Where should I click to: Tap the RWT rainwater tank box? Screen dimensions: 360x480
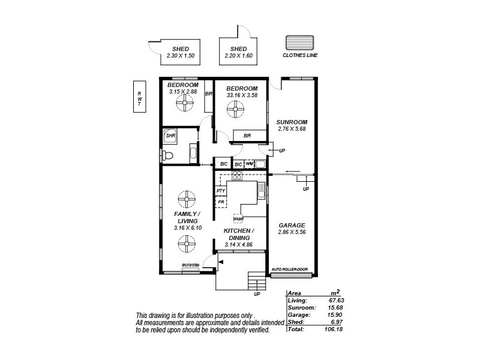139,97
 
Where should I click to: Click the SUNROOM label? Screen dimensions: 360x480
292,121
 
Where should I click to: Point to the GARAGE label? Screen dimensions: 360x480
292,225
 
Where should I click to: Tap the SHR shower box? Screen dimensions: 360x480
170,136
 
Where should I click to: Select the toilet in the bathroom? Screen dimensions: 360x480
167,156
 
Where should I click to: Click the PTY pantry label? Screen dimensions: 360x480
221,191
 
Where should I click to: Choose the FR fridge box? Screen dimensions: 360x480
221,202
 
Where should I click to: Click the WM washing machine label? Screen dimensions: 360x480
249,164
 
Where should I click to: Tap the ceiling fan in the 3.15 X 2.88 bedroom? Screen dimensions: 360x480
183,103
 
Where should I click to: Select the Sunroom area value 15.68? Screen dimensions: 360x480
334,307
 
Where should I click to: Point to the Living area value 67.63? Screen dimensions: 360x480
334,300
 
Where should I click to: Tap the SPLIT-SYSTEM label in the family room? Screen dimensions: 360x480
191,266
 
